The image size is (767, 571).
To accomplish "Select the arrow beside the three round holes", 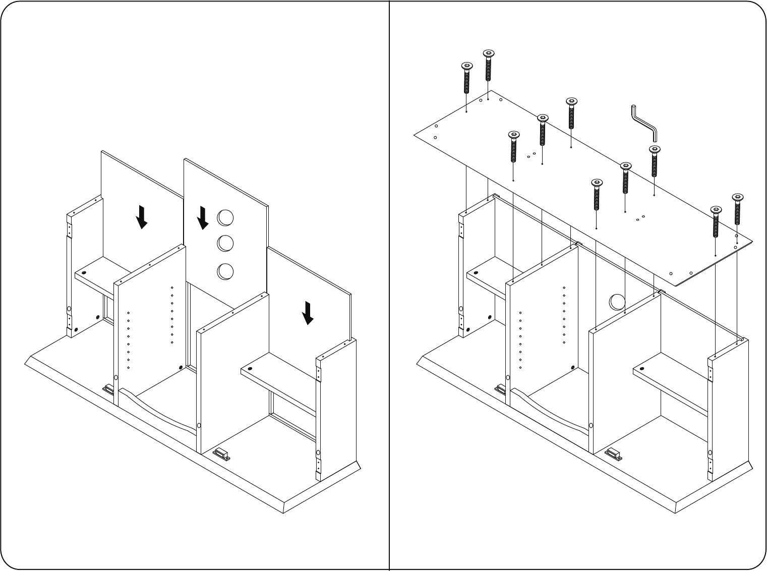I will point(203,217).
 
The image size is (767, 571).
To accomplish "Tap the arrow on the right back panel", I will point(308,312).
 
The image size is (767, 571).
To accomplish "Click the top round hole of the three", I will point(225,218).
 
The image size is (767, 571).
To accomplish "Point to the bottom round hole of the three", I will point(225,271).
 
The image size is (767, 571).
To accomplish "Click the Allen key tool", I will point(644,123).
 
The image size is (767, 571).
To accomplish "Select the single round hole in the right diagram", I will point(617,302).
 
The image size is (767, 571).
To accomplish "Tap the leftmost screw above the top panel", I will point(467,78).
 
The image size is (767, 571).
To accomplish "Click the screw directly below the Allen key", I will point(654,161).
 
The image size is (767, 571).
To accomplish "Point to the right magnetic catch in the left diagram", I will point(221,454).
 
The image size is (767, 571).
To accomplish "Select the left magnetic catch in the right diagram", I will point(501,389).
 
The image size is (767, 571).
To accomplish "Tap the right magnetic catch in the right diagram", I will point(613,453).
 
